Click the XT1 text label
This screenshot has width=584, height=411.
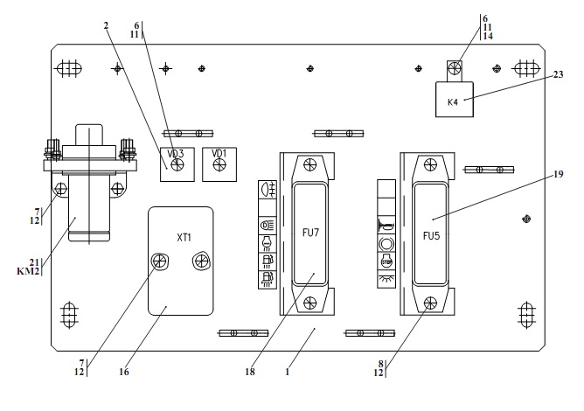coord(184,239)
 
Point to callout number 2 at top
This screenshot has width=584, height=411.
coord(106,26)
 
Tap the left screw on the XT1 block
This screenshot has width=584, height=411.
coord(158,261)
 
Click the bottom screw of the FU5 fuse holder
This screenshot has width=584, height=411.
coord(429,304)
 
